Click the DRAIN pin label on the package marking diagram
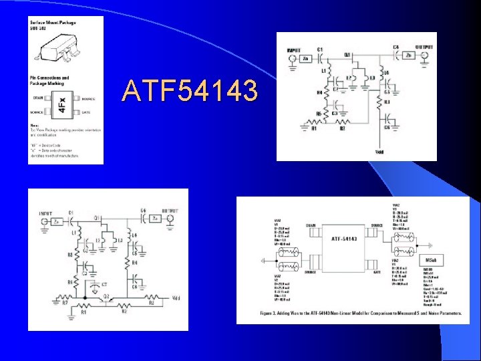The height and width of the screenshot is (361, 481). click(x=39, y=98)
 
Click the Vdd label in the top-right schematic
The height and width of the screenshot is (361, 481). click(x=379, y=152)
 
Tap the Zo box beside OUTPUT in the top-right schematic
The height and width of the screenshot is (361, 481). click(x=408, y=57)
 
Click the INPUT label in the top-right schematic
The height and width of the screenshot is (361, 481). click(x=293, y=49)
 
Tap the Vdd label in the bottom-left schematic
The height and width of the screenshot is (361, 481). click(x=176, y=297)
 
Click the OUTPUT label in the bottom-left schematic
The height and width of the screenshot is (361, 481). click(x=171, y=213)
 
